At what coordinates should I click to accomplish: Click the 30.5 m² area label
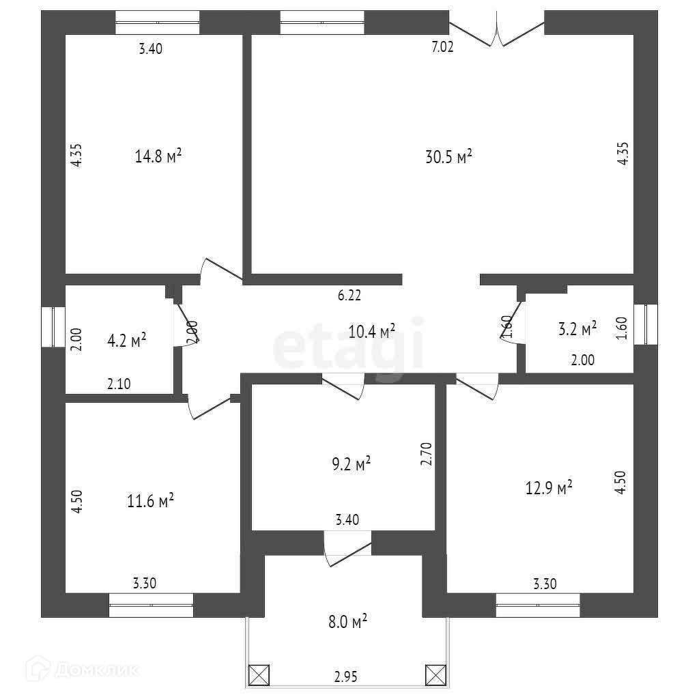click(x=449, y=157)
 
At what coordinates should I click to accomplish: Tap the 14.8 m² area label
click(x=158, y=156)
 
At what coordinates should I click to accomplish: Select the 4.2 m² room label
click(x=127, y=340)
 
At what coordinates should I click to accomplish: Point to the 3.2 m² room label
click(x=577, y=329)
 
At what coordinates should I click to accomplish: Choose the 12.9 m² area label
click(x=549, y=488)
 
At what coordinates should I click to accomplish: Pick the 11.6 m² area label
click(x=150, y=501)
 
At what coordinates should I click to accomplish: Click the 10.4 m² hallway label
click(x=372, y=332)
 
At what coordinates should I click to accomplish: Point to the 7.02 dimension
click(x=442, y=47)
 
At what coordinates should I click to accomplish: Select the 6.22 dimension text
click(x=349, y=296)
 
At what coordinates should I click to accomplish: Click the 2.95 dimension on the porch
click(x=347, y=677)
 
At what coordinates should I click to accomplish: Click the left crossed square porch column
click(x=259, y=674)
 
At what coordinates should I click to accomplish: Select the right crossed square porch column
click(x=435, y=674)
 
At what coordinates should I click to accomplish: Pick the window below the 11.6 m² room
click(x=151, y=605)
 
